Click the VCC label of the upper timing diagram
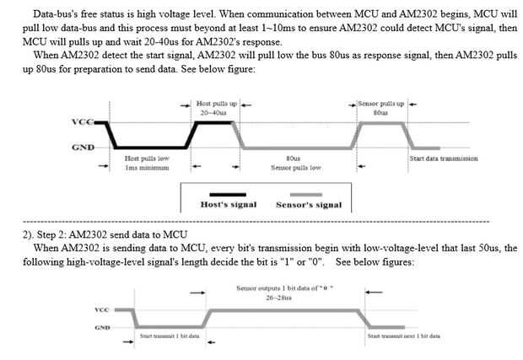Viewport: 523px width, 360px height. (x=83, y=122)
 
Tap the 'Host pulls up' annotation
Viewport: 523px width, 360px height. (x=215, y=103)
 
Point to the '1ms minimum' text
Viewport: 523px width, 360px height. (x=147, y=167)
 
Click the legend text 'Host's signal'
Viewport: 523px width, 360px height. (x=228, y=205)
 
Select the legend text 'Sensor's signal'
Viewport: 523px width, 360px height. (x=309, y=205)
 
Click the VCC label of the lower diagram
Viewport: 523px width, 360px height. (x=101, y=309)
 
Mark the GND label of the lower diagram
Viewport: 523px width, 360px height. (x=101, y=327)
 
